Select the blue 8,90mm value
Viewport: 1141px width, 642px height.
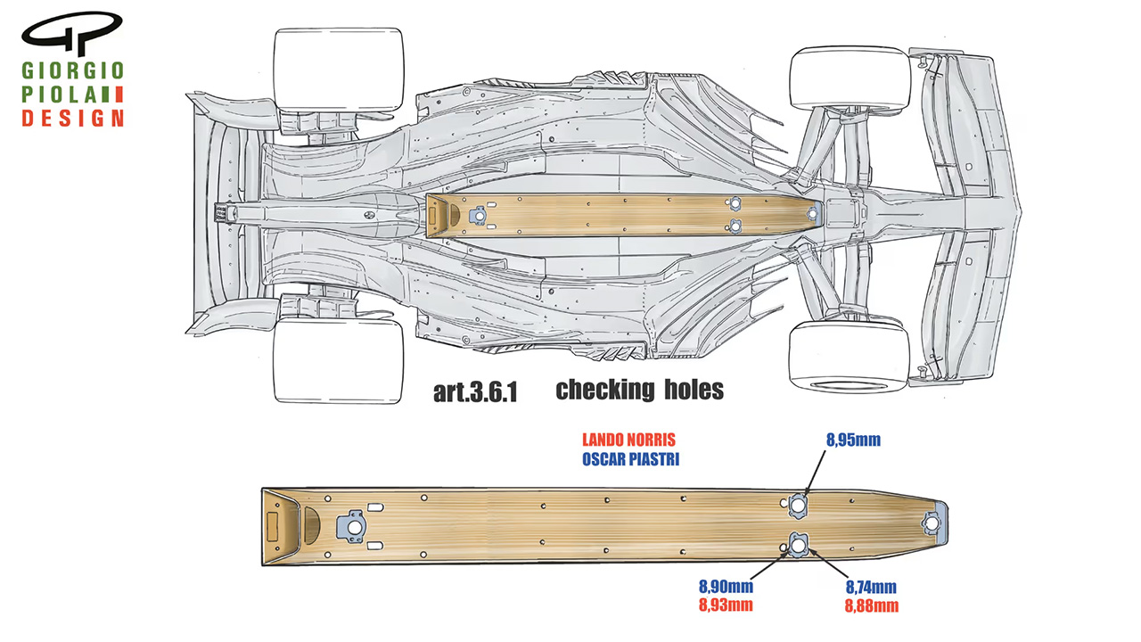click(726, 587)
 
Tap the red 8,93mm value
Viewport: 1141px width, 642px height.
click(726, 606)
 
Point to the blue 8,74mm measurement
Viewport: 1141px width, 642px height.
click(870, 587)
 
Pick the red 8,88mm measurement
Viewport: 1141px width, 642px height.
click(870, 606)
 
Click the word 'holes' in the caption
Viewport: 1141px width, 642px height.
click(693, 390)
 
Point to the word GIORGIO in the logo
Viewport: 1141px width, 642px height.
click(73, 70)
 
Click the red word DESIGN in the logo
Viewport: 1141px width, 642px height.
click(73, 119)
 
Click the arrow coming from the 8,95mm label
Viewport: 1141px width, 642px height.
click(815, 473)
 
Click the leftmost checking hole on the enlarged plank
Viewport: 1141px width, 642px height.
click(355, 526)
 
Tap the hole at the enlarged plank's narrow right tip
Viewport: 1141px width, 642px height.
click(935, 523)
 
